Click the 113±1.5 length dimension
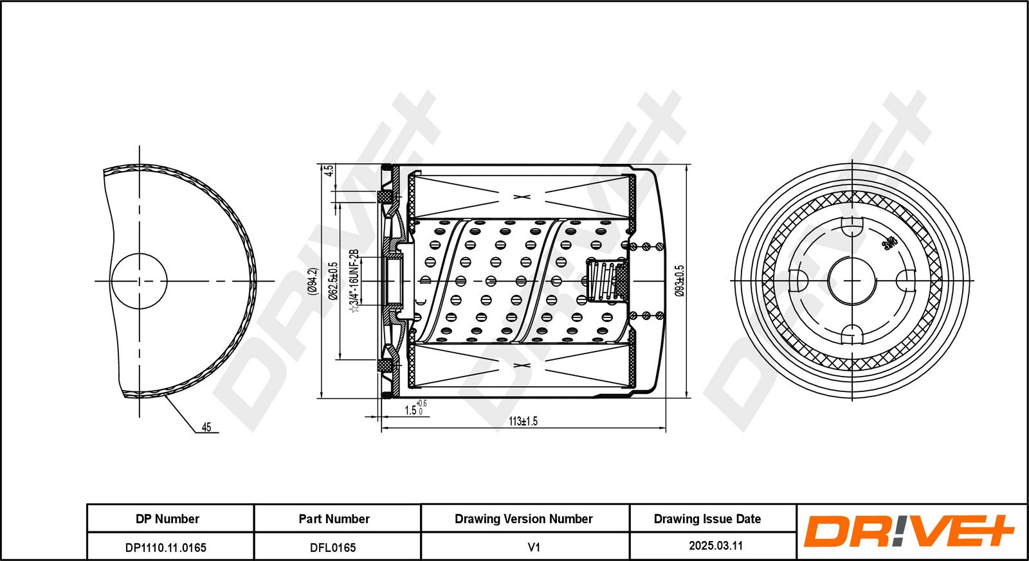[x=523, y=422]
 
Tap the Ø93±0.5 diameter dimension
[x=680, y=281]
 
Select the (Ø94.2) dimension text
[x=313, y=281]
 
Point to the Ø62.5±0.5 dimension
[x=332, y=281]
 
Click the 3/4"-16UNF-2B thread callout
[x=353, y=281]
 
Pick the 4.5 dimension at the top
[x=329, y=171]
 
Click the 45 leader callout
[x=206, y=427]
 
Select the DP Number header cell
[x=167, y=519]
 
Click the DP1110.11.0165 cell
[x=166, y=548]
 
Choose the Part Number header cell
[x=334, y=519]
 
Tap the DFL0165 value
[x=332, y=548]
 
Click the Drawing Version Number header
[x=524, y=519]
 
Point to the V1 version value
[x=533, y=548]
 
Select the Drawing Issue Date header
[x=707, y=519]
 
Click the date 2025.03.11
[x=716, y=546]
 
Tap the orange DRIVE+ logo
[x=909, y=531]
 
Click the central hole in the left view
[x=139, y=281]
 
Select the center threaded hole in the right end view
[x=852, y=281]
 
